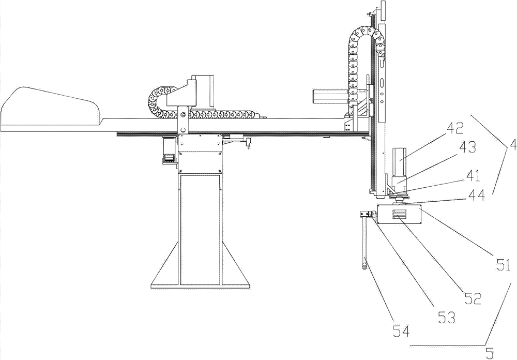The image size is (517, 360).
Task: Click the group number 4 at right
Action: pos(512,145)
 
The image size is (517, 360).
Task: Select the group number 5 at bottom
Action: pos(490,353)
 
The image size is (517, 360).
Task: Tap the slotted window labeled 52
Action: pos(400,215)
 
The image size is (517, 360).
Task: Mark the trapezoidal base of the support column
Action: pos(200,263)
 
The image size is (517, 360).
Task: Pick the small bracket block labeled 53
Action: pos(368,214)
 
